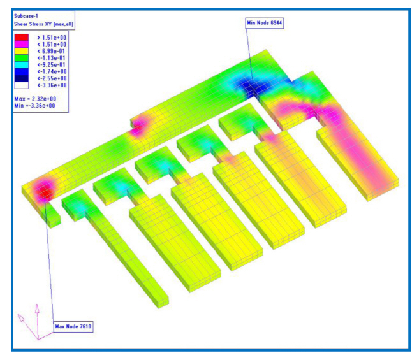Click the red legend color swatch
tap(22, 38)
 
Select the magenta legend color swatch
tap(22, 45)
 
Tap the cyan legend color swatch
tap(22, 65)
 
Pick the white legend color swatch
tap(22, 85)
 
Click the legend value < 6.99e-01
tap(51, 51)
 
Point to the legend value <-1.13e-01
tap(51, 58)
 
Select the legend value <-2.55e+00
tap(52, 78)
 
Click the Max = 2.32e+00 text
tap(35, 99)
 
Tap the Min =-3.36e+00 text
tap(34, 106)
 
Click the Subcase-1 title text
tap(26, 16)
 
